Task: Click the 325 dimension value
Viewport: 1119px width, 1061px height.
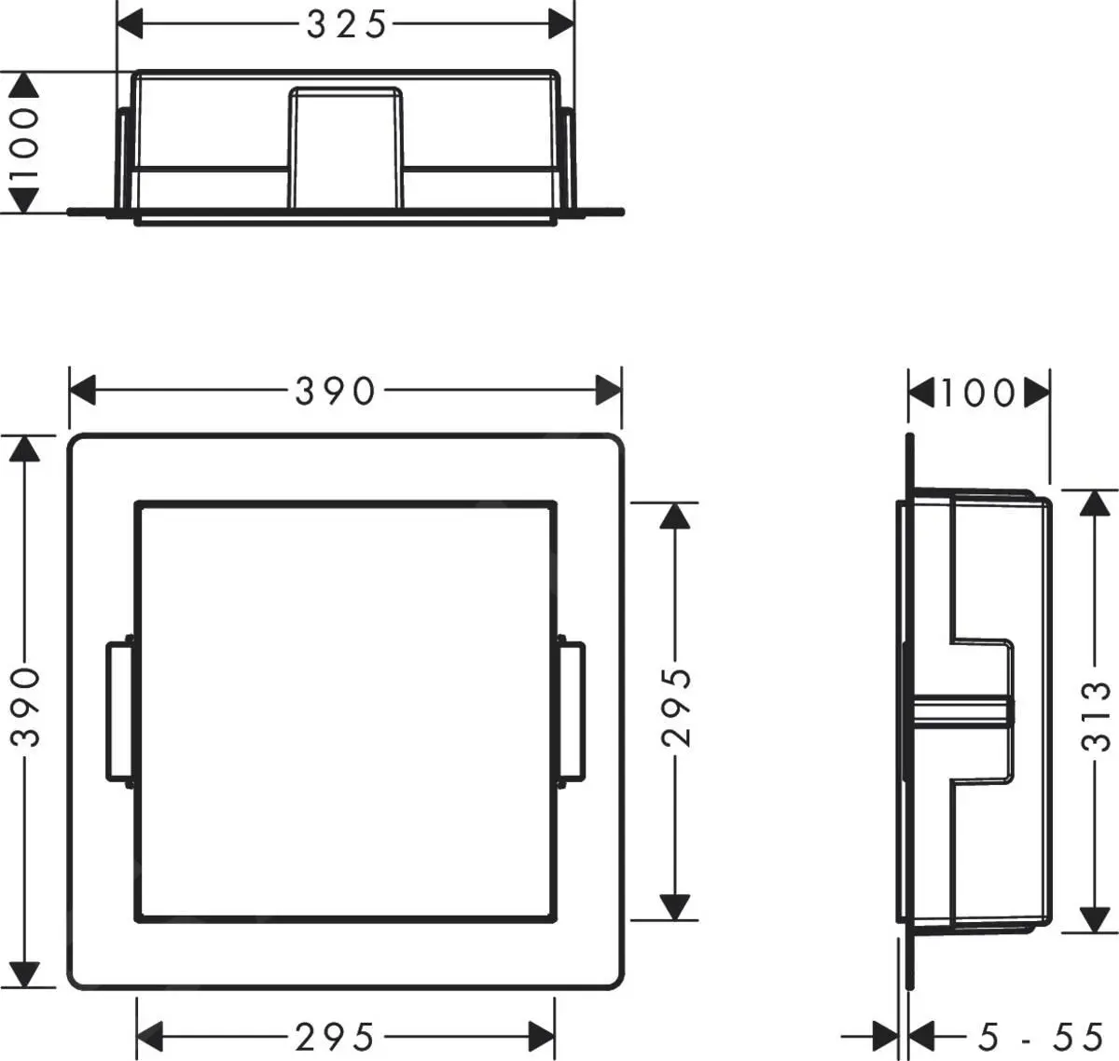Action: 346,25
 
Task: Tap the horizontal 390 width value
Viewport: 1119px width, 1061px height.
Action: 335,392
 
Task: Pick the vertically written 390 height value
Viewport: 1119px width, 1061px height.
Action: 26,706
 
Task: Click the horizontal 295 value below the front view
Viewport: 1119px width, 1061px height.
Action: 335,1036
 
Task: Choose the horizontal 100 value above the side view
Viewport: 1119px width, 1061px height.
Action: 976,393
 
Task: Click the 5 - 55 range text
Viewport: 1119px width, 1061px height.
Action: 1041,1036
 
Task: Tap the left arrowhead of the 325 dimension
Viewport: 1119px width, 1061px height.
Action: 131,25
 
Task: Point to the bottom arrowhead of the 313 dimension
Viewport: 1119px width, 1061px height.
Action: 1095,919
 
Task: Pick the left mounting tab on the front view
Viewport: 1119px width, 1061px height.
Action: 119,711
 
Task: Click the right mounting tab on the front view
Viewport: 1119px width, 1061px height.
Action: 573,711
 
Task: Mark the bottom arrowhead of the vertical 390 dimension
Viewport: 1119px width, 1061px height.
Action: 25,975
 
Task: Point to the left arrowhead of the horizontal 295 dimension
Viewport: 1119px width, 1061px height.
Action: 150,1036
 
